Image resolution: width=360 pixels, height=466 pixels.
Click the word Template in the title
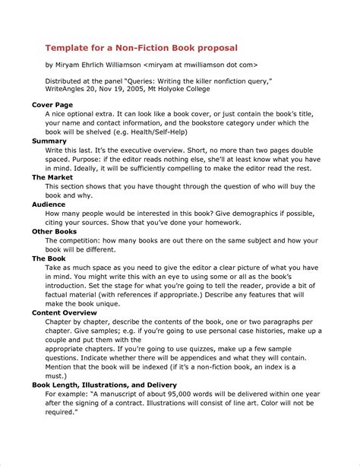click(x=67, y=46)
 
